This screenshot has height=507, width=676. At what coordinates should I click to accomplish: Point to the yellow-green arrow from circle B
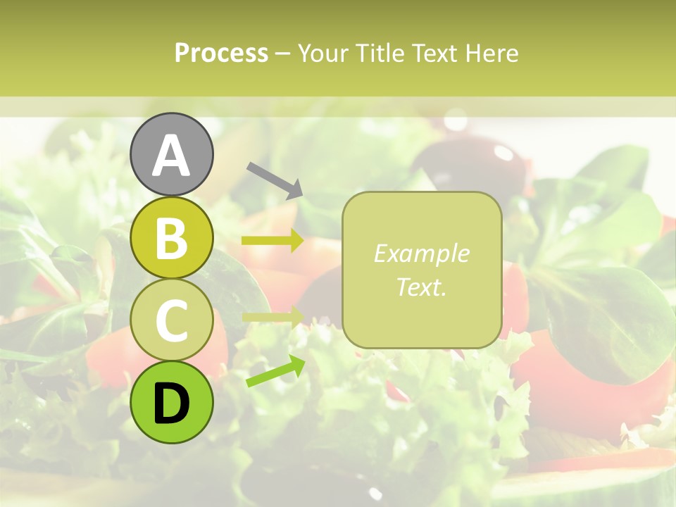click(x=273, y=241)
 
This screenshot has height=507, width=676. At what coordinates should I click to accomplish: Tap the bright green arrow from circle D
click(x=276, y=371)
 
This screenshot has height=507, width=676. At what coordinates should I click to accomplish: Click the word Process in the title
click(x=221, y=53)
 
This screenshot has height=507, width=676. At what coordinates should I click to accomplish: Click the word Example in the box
click(x=421, y=254)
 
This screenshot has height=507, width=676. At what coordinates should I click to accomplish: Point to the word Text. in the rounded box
click(x=421, y=287)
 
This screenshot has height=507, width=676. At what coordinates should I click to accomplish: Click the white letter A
click(x=172, y=156)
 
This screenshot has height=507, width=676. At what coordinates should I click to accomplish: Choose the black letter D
click(x=172, y=403)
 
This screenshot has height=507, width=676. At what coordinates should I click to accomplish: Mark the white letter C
click(x=172, y=321)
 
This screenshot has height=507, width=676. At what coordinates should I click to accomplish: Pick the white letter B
click(x=172, y=239)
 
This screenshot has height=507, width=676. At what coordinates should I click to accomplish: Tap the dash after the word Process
click(x=282, y=54)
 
